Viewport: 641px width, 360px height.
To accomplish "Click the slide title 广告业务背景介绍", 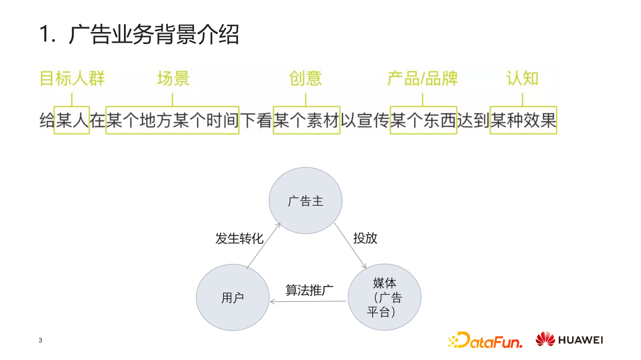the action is [x=139, y=34].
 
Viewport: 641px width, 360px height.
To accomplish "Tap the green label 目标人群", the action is [x=72, y=79].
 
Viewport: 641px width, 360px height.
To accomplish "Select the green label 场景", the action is [x=173, y=79].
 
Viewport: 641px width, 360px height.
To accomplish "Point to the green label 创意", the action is [x=306, y=79].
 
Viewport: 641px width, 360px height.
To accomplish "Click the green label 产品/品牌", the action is [x=423, y=79].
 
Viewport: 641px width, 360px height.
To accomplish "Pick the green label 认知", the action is [x=522, y=79].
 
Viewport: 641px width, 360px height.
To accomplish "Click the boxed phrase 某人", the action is [x=72, y=121].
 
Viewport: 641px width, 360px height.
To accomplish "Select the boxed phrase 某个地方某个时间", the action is [x=172, y=121].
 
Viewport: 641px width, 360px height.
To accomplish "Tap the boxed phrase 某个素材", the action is [x=306, y=121].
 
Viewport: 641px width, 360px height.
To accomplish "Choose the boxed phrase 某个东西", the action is [x=423, y=121].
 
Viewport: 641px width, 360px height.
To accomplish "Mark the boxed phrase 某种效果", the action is [x=523, y=121].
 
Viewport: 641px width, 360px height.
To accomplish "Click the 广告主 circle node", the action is [x=306, y=200].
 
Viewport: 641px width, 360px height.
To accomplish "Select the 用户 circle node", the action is [x=233, y=298].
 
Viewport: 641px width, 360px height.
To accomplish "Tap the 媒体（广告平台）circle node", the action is [x=384, y=297].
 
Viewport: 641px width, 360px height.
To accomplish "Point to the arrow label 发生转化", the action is [x=239, y=238].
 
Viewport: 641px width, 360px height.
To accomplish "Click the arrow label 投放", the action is [x=365, y=238].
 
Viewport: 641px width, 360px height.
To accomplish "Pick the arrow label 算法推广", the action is [x=309, y=290].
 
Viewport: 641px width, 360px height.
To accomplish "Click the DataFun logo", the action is [x=485, y=340].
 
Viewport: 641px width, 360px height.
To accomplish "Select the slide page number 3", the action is [x=40, y=340].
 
